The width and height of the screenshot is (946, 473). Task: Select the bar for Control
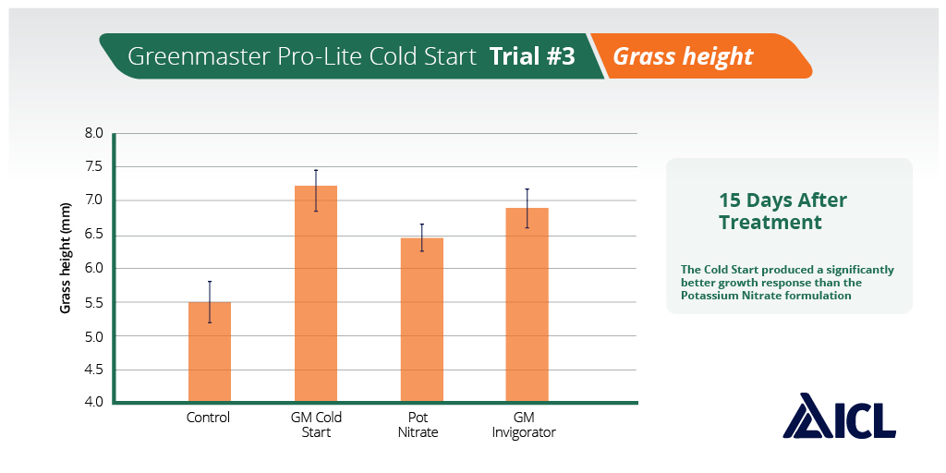pos(210,352)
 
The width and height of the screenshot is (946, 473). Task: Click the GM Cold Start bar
pos(316,294)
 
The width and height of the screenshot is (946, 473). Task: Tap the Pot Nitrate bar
pos(422,320)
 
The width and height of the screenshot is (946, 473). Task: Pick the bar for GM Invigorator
pos(528,305)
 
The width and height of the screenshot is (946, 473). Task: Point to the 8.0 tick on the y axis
pos(94,133)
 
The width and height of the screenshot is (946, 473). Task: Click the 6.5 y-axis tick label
pos(94,235)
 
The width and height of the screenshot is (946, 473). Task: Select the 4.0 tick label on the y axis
pos(94,403)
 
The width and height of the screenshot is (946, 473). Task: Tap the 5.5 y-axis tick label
pos(94,302)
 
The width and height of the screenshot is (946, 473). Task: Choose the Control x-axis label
pos(208,418)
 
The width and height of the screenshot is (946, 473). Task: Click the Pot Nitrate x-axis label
pos(418,425)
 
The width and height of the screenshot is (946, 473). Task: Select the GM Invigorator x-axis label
pos(524,425)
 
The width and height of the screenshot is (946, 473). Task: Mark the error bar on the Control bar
pos(210,301)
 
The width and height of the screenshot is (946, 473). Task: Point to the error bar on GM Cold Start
pos(316,190)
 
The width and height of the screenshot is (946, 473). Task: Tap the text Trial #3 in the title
pos(532,56)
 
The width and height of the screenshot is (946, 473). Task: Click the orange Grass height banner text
pos(683,56)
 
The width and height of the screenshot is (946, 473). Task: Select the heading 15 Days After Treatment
pos(782,212)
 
